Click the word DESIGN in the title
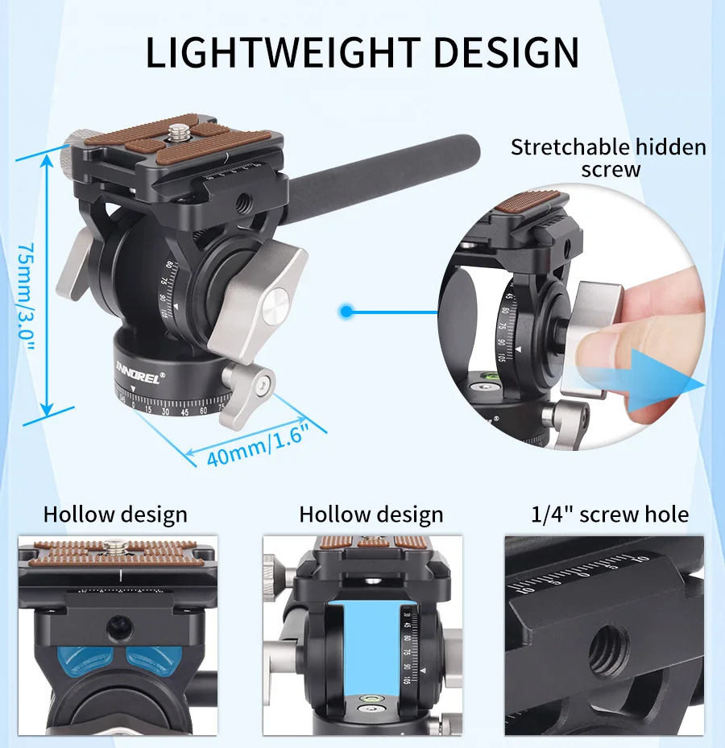501,52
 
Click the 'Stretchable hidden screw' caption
608,158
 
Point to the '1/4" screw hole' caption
610,515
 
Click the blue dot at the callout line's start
346,311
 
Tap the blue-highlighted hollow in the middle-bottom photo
371,639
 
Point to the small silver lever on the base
249,382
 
